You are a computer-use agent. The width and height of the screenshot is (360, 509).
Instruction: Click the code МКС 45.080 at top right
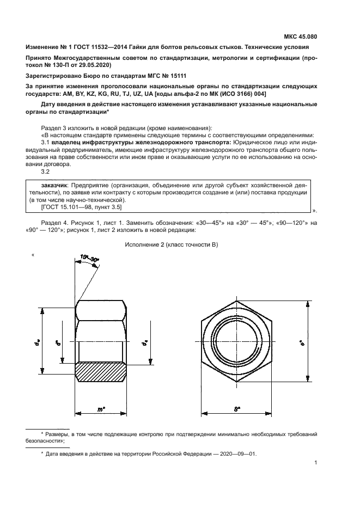coord(301,37)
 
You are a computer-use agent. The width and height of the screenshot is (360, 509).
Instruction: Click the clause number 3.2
coord(45,171)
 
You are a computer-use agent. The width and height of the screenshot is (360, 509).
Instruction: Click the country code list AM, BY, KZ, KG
coord(79,93)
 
